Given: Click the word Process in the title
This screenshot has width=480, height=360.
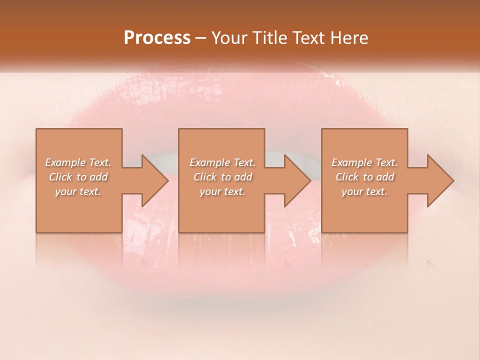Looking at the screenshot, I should click(157, 38).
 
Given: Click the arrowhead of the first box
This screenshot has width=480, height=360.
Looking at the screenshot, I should click(152, 180).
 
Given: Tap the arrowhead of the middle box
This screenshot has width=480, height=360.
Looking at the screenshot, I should click(294, 180).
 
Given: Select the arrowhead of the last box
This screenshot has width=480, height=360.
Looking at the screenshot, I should click(437, 180).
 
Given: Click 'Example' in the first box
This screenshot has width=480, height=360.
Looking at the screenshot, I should click(65, 162).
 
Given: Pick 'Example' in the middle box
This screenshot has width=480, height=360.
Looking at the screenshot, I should click(209, 162).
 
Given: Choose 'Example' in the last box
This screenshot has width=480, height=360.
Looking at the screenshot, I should click(351, 162).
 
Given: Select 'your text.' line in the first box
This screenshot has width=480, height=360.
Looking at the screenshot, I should click(78, 192).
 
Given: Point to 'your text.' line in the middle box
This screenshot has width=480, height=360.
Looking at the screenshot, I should click(222, 192).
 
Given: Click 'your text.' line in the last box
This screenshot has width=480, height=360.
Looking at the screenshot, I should click(364, 192).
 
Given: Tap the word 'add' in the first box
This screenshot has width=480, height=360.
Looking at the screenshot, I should click(99, 177).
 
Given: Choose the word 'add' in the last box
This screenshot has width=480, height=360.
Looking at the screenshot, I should click(385, 177).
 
